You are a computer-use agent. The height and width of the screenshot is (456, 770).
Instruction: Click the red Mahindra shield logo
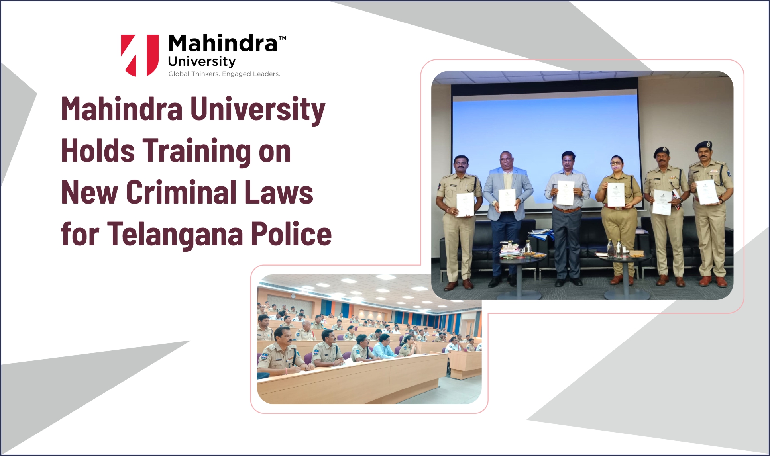(139, 55)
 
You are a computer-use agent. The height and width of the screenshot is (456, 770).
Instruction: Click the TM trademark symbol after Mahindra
(282, 39)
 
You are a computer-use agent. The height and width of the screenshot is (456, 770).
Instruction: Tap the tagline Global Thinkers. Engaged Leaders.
(224, 74)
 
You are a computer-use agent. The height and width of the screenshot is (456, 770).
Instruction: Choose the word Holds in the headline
(98, 151)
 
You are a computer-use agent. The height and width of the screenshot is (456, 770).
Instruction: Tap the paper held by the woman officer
(616, 195)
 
